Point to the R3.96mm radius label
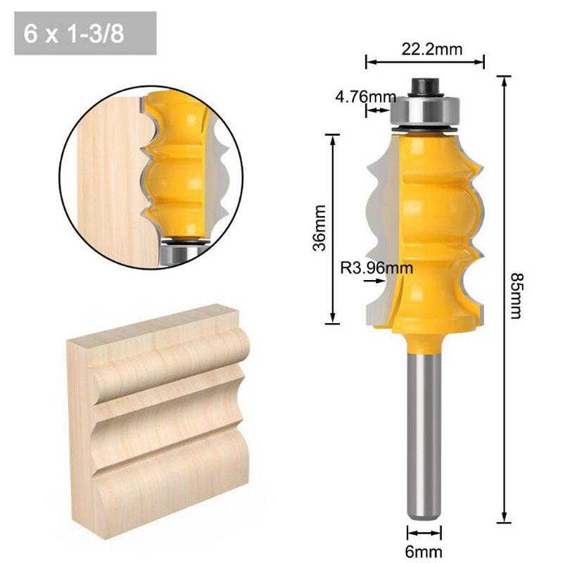pos(376,267)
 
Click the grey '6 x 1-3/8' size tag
pos(84,34)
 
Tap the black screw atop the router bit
pos(425,84)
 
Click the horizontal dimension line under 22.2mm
pos(425,62)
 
